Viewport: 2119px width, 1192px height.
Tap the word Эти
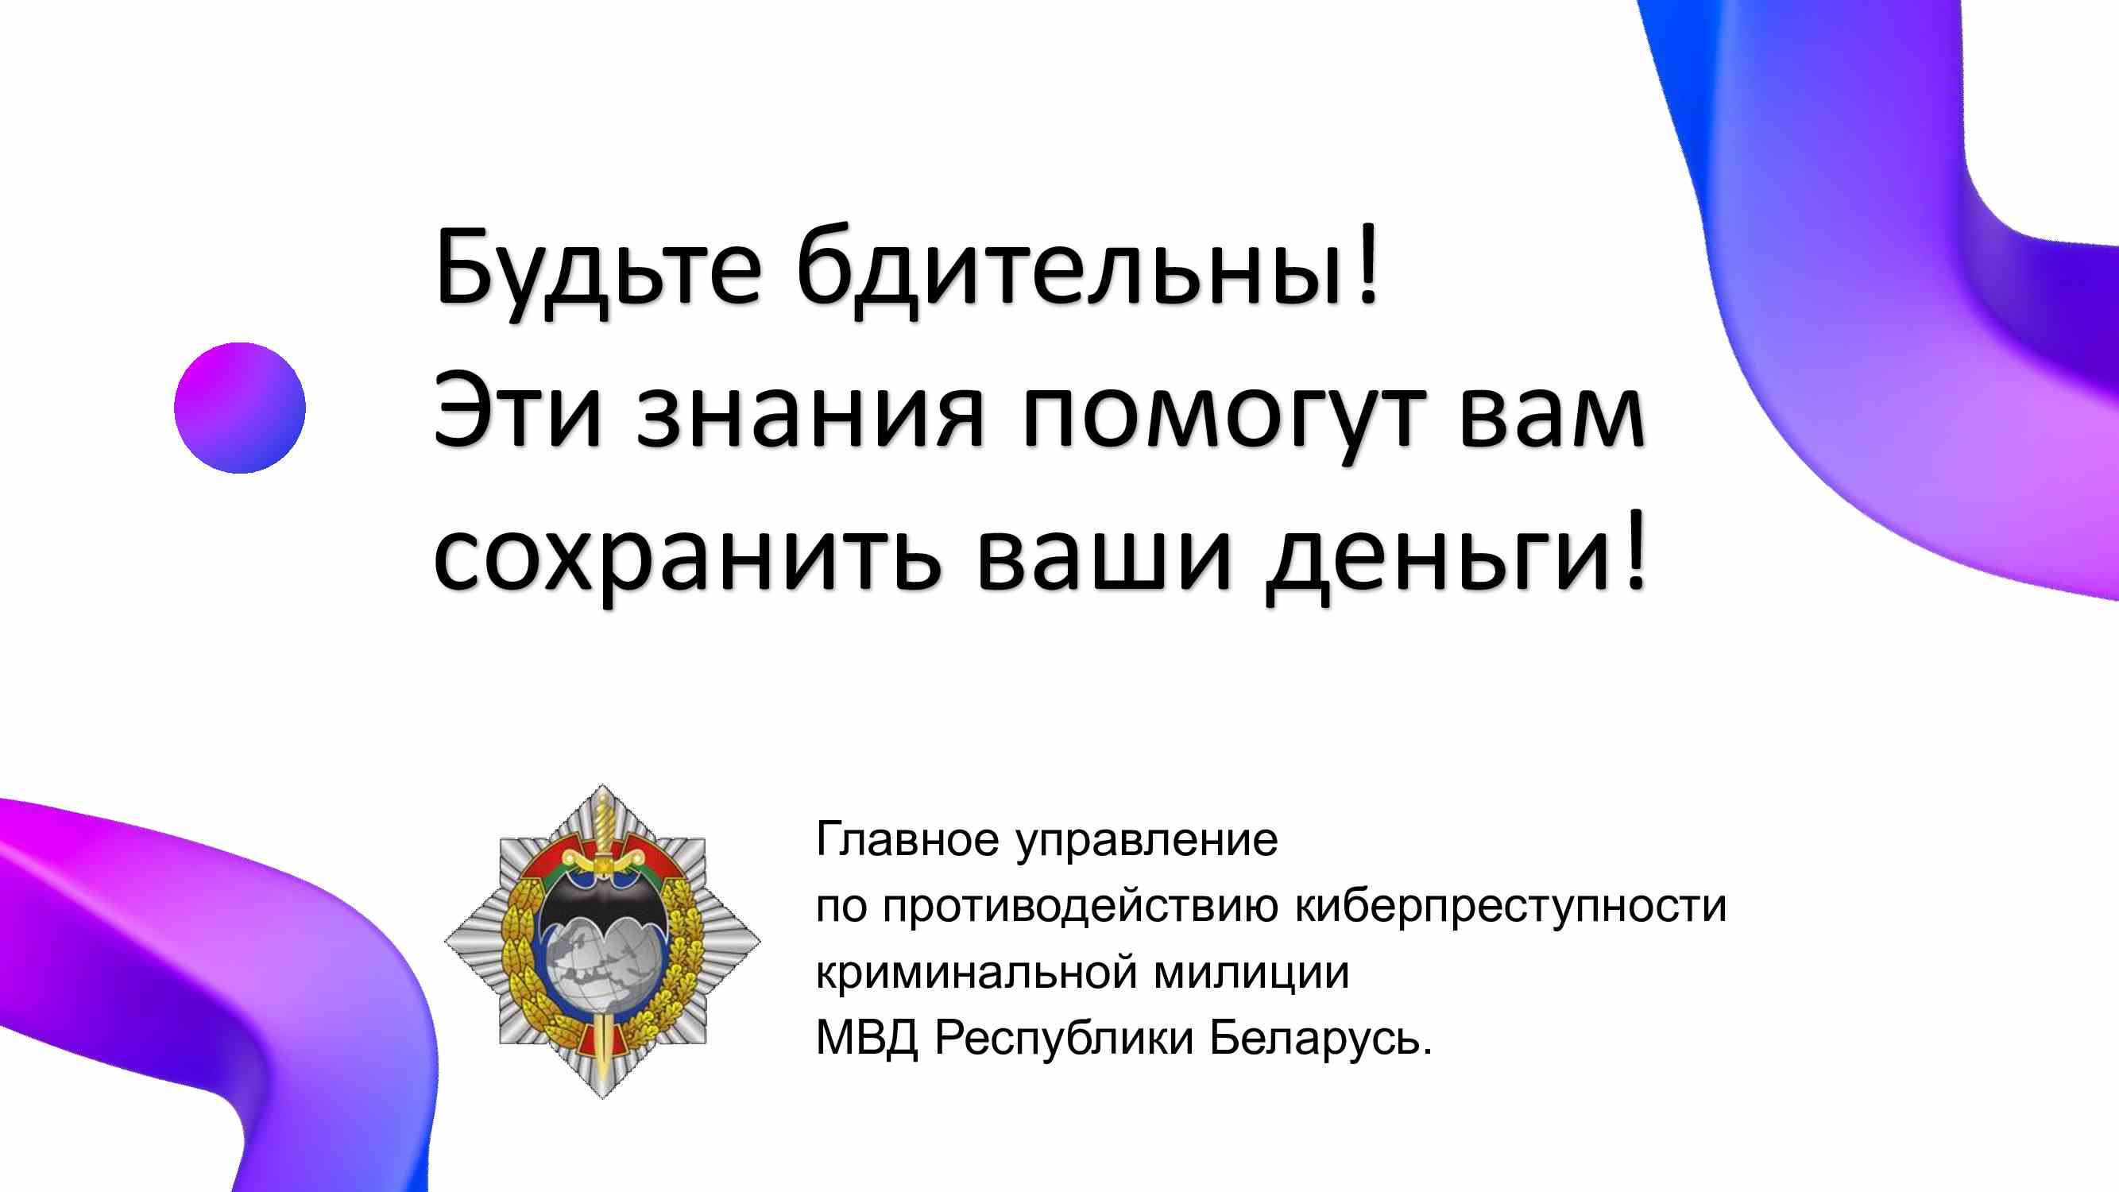pos(517,411)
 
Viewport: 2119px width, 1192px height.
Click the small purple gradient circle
pos(239,408)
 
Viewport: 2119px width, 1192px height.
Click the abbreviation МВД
pos(867,1038)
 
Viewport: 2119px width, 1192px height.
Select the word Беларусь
pos(1313,1037)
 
